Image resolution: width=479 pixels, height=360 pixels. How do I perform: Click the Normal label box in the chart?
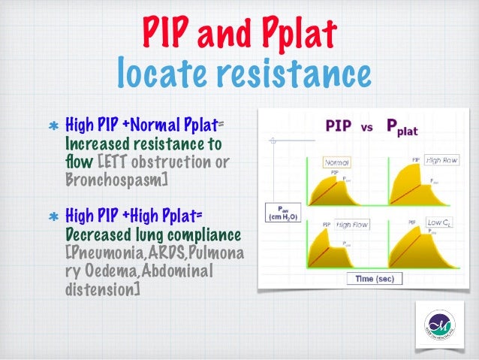(339, 162)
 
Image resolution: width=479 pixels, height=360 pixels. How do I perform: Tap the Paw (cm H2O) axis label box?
(281, 213)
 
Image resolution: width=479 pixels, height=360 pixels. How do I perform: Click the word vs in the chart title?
(367, 129)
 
